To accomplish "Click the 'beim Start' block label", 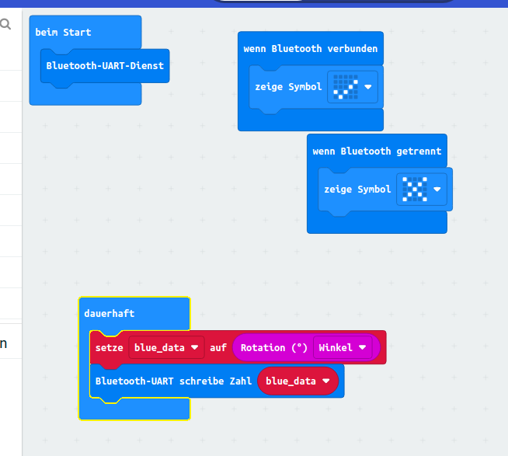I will point(63,32).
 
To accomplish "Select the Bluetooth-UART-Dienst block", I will point(105,66).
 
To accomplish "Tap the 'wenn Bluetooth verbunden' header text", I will point(310,48).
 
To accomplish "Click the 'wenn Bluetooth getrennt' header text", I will point(377,151).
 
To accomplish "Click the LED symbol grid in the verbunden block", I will point(343,87).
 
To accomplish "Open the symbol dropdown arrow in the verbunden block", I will point(368,87).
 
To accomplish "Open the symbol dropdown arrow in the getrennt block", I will point(437,190).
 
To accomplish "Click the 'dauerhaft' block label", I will point(109,313).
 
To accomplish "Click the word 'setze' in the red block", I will point(110,347).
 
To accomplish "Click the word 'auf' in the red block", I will point(218,347).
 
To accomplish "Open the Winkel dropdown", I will point(362,347).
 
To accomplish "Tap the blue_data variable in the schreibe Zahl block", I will point(297,381).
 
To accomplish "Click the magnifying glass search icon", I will point(5,25).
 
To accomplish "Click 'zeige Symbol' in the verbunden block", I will point(288,87).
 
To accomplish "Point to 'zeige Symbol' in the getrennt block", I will point(357,190).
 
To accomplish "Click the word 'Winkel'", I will point(336,347).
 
